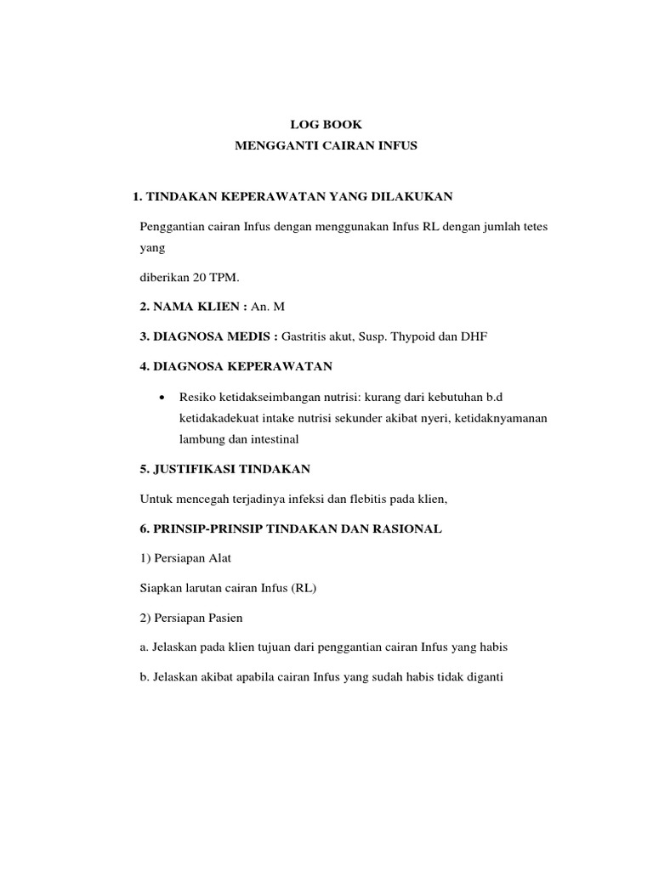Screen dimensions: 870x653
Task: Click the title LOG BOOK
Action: (326, 125)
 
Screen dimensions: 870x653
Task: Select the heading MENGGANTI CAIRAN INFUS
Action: (326, 146)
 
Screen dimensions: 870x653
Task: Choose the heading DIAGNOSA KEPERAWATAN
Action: (236, 367)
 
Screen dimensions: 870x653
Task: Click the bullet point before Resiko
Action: (162, 398)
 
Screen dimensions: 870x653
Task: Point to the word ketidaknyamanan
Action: (503, 418)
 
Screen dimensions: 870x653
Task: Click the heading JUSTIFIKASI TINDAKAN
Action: (224, 469)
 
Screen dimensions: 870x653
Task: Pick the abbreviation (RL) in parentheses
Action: (303, 588)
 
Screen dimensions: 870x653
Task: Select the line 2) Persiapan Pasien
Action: (189, 618)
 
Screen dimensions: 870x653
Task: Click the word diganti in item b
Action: (486, 677)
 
